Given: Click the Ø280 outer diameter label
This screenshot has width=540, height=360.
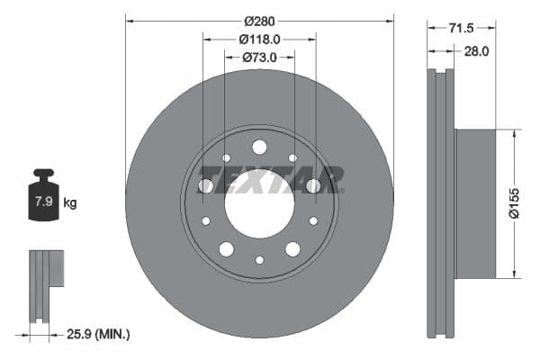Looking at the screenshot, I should [x=260, y=19].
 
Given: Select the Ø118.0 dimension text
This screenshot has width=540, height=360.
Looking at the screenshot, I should [x=260, y=39].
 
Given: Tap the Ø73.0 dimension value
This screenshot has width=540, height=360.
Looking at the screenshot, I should [x=260, y=58].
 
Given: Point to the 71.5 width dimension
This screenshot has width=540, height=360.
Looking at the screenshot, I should [x=461, y=29].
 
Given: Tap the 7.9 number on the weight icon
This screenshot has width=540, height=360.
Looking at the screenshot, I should [x=43, y=202].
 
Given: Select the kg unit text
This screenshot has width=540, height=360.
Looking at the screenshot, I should [x=70, y=203].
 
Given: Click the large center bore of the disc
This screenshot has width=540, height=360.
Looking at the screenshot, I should [x=259, y=211].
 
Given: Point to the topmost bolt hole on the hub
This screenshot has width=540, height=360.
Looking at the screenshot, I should [x=259, y=147].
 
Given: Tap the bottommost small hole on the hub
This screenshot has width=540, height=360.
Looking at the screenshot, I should [x=259, y=260].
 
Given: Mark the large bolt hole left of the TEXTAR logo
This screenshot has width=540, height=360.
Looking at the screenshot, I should [x=206, y=185].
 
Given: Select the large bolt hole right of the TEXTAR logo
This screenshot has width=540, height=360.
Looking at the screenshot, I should [x=313, y=185].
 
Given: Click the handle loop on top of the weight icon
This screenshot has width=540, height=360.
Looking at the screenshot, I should [x=42, y=174].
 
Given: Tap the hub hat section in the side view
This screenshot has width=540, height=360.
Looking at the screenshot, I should [x=475, y=203].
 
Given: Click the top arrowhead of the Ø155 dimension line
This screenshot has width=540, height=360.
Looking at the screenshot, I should [x=514, y=133].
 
